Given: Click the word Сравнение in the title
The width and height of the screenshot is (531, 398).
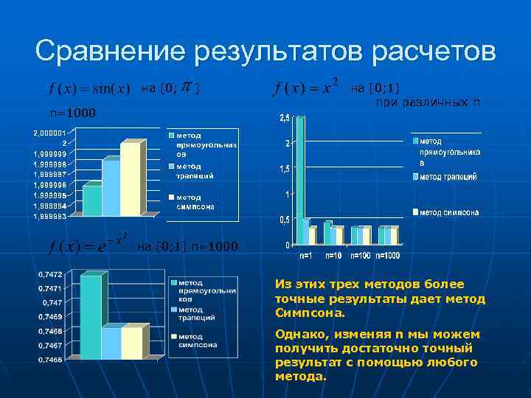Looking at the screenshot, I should (x=111, y=52).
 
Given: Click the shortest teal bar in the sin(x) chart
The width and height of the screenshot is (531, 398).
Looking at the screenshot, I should (x=92, y=200).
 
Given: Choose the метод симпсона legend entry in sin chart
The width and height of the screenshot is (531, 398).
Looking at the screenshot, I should (x=192, y=202).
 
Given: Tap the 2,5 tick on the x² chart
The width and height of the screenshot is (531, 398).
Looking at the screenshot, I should (x=284, y=119).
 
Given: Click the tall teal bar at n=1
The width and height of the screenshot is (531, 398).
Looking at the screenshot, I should (x=299, y=181).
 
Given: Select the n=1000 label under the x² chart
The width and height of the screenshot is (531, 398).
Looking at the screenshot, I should (x=387, y=256).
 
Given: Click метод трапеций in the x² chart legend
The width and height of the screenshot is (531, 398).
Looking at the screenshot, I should (x=448, y=177).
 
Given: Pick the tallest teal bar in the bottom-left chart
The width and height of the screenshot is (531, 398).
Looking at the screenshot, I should (x=91, y=317).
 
